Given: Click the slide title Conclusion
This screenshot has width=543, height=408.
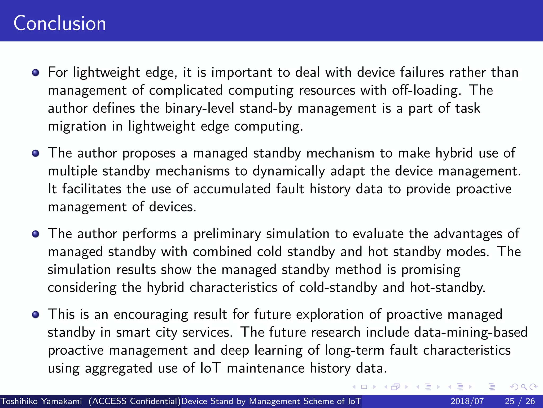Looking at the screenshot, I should (x=60, y=23).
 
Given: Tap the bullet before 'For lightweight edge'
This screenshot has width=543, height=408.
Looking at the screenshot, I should (x=36, y=73).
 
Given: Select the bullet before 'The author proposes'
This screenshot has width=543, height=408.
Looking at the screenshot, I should (x=36, y=153).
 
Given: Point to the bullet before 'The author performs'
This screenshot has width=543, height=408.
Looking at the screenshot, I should (x=36, y=234).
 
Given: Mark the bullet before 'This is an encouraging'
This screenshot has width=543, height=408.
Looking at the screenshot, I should (x=36, y=315).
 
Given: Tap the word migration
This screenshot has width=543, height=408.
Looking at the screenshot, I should (x=77, y=126).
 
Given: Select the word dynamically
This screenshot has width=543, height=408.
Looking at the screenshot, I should (x=288, y=171).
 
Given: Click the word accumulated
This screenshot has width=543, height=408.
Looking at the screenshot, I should (x=231, y=189).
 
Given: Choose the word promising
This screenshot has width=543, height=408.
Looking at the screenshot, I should (x=431, y=270).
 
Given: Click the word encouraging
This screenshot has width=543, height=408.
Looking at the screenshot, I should (x=151, y=315).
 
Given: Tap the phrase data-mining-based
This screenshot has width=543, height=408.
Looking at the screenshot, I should (x=471, y=333).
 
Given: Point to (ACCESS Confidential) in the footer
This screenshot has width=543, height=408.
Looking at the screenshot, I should (x=134, y=401).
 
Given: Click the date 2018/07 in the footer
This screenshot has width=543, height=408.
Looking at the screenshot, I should (x=467, y=401).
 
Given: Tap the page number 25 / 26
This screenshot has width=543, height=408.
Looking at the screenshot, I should (x=520, y=401).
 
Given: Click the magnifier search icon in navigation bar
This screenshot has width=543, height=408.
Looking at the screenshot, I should (x=524, y=387).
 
